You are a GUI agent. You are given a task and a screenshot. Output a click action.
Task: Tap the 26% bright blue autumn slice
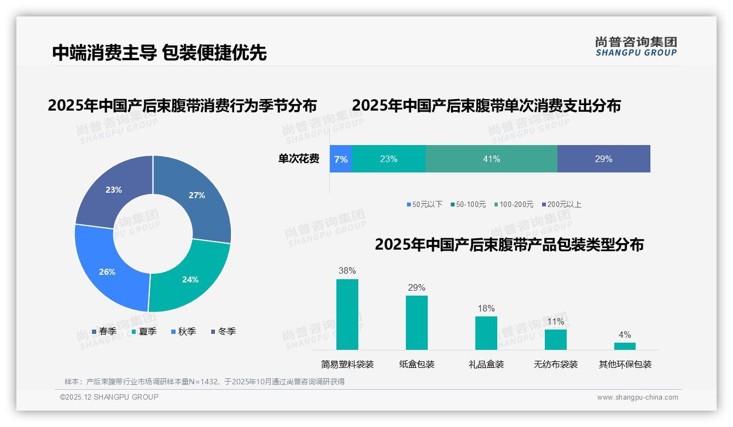click(107, 272)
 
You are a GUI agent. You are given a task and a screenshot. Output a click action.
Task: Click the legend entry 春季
click(104, 331)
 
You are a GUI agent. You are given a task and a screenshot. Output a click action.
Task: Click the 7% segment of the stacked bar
click(340, 159)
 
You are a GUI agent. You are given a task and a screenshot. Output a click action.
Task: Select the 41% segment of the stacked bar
click(491, 159)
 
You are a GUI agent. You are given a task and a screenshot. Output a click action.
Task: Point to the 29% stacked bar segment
click(603, 159)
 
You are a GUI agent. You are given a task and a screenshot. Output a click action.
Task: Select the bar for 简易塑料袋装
click(347, 314)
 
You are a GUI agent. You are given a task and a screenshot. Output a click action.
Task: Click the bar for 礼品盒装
click(486, 333)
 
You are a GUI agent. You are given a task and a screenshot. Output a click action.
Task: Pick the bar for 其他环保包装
click(625, 346)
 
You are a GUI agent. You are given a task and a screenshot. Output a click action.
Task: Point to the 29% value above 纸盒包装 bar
click(416, 287)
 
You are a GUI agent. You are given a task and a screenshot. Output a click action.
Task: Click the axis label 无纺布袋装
click(555, 364)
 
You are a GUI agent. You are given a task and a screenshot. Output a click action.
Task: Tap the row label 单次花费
click(299, 159)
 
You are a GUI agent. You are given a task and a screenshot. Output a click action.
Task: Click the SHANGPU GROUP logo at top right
click(636, 47)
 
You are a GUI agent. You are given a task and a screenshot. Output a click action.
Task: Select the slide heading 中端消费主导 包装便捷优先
click(159, 53)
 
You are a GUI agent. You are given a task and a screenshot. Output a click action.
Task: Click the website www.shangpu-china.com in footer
click(637, 397)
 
